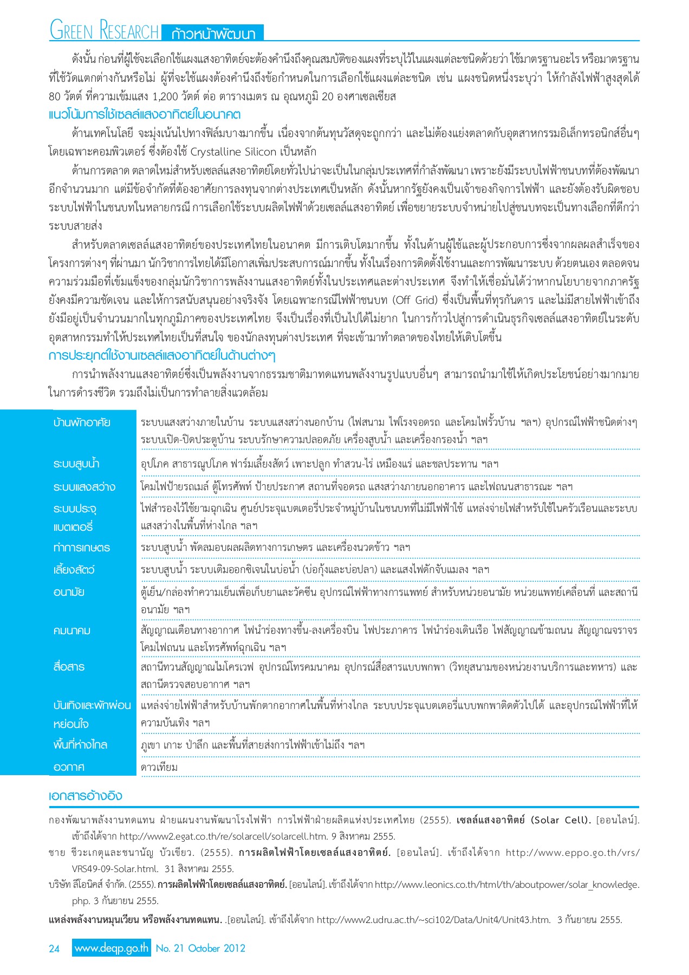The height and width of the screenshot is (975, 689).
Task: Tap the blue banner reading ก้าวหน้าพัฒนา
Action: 213,34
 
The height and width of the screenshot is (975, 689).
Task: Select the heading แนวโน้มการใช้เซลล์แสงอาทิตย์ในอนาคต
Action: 145,115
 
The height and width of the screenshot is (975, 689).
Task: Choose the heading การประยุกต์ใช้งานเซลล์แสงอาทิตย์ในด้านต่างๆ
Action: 162,356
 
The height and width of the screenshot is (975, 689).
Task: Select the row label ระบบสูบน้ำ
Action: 76,464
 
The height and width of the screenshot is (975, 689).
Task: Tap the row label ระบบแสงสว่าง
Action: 84,487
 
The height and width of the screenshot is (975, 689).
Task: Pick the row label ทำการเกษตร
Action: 81,548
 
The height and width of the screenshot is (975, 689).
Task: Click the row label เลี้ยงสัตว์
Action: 74,570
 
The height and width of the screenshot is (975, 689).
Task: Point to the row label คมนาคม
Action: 71,630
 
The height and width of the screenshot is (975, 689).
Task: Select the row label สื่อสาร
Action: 69,667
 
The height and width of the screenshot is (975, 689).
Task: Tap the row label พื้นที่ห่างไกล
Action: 80,745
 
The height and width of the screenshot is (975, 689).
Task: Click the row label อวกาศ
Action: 69,768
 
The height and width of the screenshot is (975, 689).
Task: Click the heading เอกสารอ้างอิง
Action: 85,796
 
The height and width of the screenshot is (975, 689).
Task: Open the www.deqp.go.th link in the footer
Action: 112,948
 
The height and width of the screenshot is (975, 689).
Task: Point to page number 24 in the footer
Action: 54,948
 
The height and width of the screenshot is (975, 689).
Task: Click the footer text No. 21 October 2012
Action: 200,948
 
